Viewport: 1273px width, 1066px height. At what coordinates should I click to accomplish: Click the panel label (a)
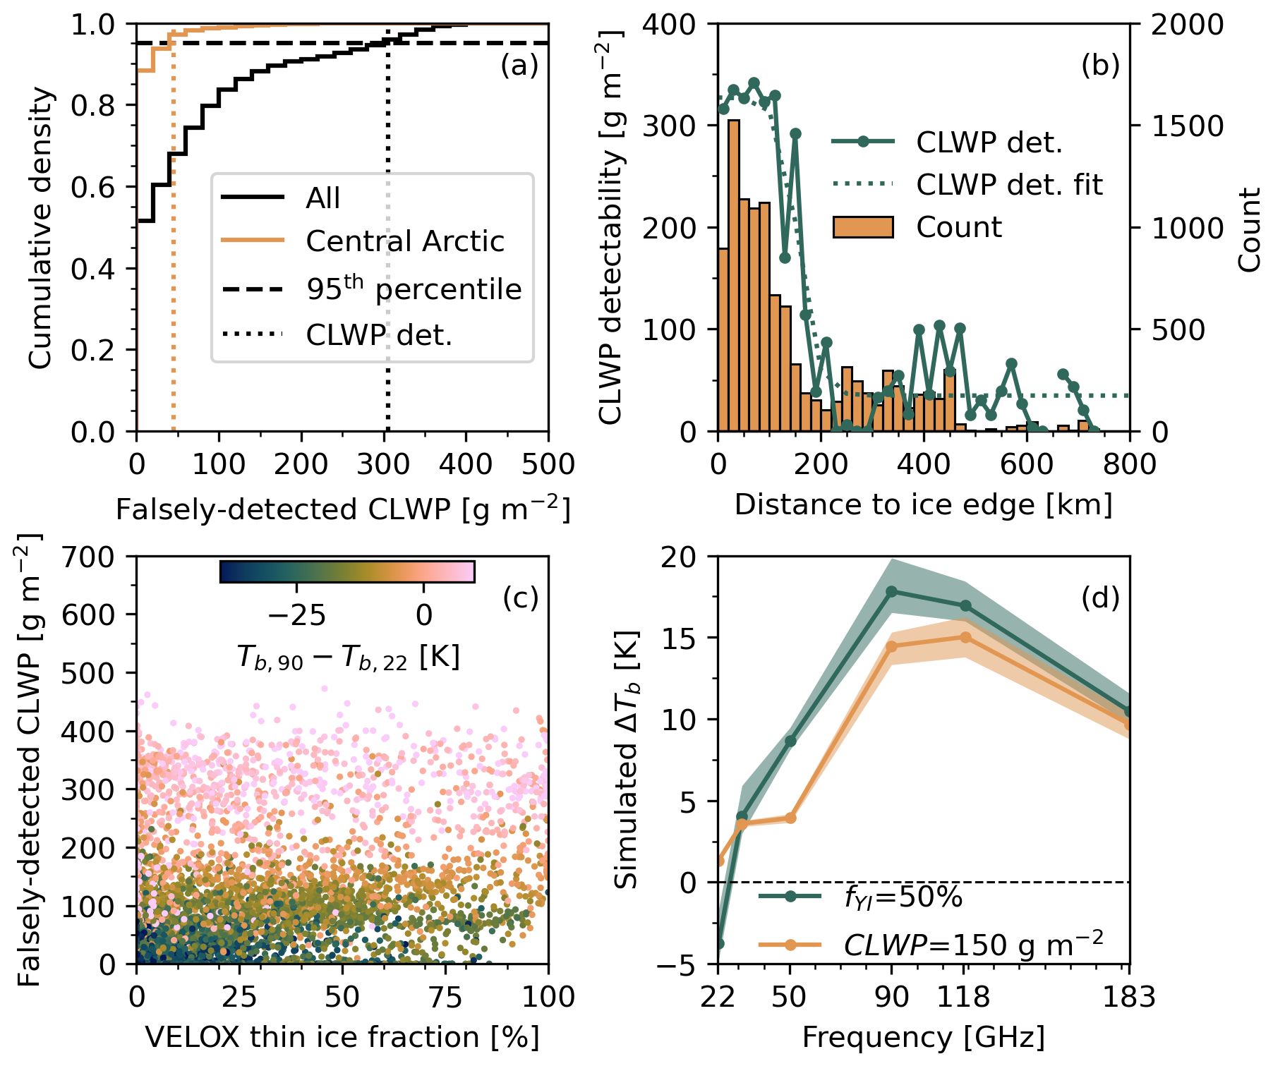pyautogui.click(x=519, y=66)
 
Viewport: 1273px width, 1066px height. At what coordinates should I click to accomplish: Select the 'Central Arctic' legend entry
pyautogui.click(x=404, y=241)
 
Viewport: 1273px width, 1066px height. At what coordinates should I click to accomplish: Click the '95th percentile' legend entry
pyautogui.click(x=414, y=289)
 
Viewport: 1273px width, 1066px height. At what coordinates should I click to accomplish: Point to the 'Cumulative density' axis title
pyautogui.click(x=41, y=228)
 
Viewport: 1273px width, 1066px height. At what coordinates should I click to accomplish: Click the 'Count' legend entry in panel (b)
pyautogui.click(x=958, y=227)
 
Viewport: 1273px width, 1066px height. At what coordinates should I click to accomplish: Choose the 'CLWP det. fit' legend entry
pyautogui.click(x=1008, y=185)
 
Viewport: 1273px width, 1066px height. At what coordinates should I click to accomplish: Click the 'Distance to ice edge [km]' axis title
pyautogui.click(x=923, y=505)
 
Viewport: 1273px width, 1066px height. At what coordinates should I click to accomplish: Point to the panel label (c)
pyautogui.click(x=520, y=598)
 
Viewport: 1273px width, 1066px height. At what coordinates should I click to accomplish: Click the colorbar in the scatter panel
pyautogui.click(x=347, y=571)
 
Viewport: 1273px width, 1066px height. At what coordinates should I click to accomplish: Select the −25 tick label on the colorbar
pyautogui.click(x=296, y=615)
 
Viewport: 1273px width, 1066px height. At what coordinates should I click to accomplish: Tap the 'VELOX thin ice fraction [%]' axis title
pyautogui.click(x=342, y=1037)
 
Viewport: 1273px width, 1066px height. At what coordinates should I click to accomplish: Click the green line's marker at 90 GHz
pyautogui.click(x=892, y=591)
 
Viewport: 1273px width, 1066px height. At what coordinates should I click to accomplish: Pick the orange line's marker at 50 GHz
pyautogui.click(x=790, y=818)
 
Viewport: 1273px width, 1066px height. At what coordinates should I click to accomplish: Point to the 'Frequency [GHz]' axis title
pyautogui.click(x=923, y=1037)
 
